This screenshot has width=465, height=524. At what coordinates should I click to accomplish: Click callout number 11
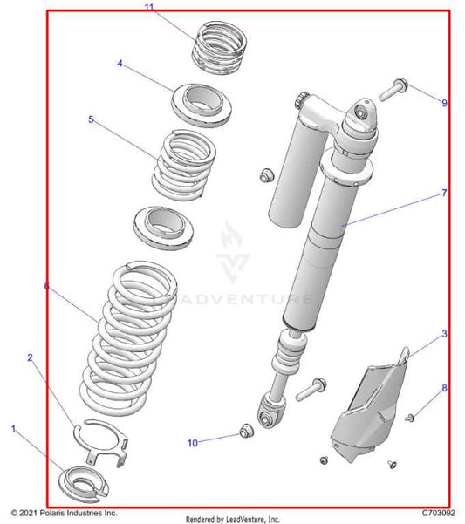(149, 8)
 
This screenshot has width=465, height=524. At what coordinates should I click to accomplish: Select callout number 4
(120, 64)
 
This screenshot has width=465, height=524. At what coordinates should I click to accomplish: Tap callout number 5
(91, 119)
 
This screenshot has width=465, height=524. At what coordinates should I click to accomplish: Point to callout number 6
(46, 285)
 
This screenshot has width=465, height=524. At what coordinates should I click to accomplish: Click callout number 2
(30, 357)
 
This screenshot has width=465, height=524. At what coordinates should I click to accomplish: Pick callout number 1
(13, 429)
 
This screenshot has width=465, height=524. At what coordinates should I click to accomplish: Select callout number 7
(444, 193)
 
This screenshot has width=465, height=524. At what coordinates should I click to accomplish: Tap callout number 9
(444, 103)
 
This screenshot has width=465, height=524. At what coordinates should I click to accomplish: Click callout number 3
(444, 334)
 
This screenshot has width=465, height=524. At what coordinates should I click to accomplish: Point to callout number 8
(444, 388)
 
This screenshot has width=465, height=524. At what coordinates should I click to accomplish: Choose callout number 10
(192, 443)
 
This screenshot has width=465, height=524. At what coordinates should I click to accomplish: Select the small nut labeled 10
(246, 431)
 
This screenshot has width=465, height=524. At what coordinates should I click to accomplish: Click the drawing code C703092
(437, 514)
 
